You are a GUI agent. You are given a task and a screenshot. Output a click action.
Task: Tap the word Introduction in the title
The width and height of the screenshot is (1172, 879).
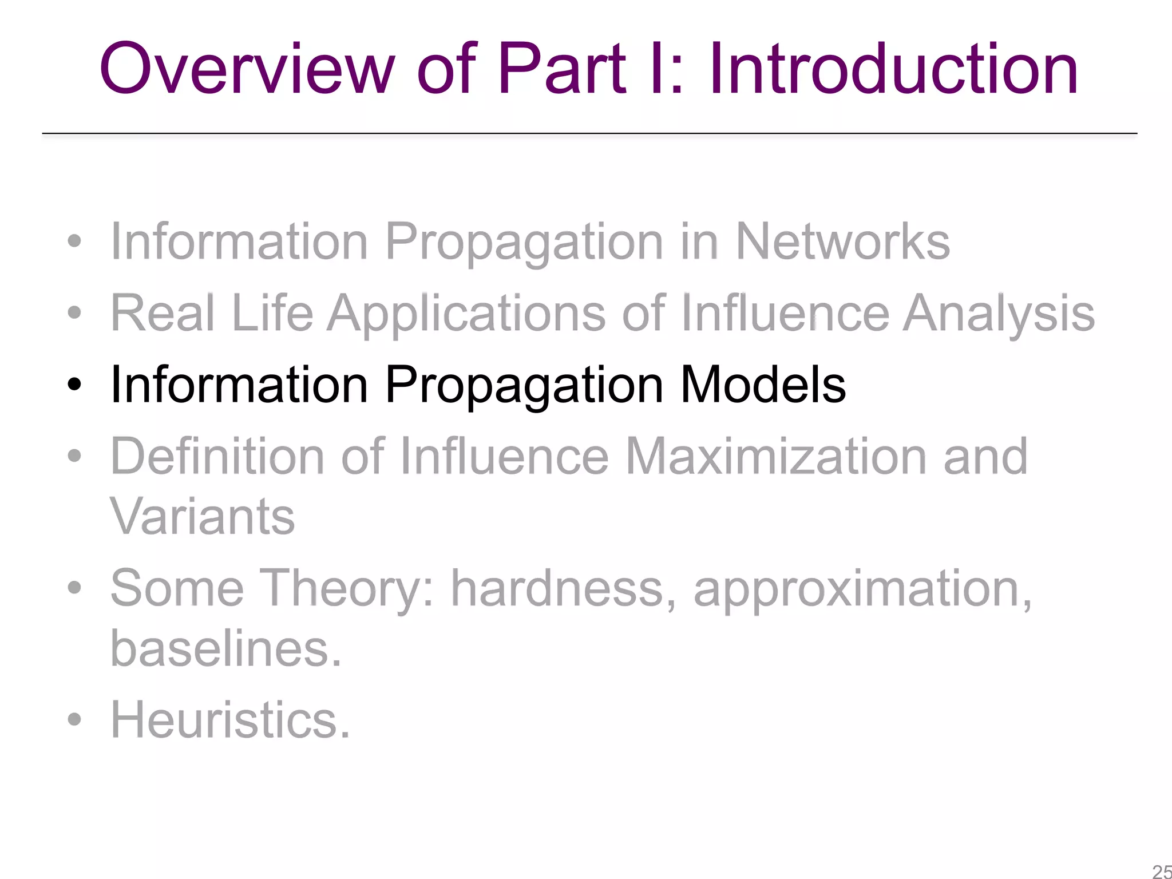pyautogui.click(x=893, y=69)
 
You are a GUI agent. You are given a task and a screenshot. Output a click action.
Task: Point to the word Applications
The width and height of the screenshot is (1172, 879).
pyautogui.click(x=466, y=314)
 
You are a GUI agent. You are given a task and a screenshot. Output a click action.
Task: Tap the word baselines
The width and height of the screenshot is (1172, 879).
pyautogui.click(x=225, y=649)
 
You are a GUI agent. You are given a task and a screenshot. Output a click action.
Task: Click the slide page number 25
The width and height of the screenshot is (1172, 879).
pyautogui.click(x=1162, y=872)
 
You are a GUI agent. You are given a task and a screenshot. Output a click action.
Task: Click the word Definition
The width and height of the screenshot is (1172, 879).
pyautogui.click(x=217, y=456)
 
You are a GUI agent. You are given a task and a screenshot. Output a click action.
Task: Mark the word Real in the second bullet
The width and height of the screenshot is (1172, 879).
pyautogui.click(x=163, y=313)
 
